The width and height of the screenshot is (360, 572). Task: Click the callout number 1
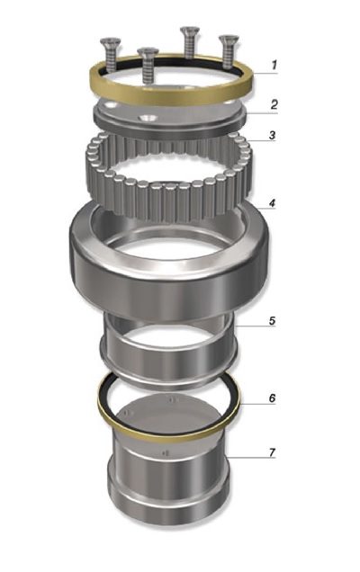(x=274, y=66)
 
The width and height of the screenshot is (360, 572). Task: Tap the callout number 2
(x=274, y=104)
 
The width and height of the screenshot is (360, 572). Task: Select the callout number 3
(x=272, y=135)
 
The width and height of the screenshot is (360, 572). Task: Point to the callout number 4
(x=272, y=203)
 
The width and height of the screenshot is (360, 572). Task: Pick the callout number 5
(x=272, y=321)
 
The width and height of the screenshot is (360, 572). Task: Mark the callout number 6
(x=272, y=398)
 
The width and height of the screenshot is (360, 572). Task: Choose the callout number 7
(x=272, y=452)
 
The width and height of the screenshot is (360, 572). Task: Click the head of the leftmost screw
(x=111, y=40)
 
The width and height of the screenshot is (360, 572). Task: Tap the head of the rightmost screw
(x=229, y=39)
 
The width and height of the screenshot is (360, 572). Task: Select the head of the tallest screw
(x=190, y=30)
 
